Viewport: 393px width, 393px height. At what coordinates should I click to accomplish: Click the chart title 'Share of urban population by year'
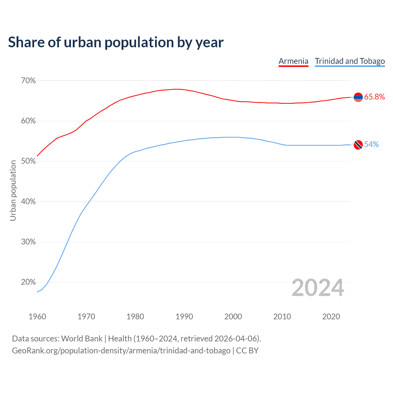pos(116,42)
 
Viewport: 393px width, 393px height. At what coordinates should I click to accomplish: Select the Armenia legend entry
pos(293,61)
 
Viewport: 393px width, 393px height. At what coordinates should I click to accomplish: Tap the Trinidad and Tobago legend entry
pos(350,61)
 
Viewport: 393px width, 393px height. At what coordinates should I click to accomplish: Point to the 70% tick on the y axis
pos(29,81)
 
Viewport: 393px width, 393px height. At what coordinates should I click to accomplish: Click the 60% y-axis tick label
pos(29,121)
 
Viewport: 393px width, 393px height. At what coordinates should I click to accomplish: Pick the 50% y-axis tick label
pos(29,161)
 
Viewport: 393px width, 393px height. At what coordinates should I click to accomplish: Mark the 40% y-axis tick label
pos(29,202)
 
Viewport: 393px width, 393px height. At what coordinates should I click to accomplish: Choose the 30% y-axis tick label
pos(29,242)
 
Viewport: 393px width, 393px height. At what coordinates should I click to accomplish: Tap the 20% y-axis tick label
pos(29,282)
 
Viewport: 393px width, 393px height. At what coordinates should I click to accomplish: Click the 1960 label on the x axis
pos(37,317)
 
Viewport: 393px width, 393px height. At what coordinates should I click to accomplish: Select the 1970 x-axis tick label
pos(86,317)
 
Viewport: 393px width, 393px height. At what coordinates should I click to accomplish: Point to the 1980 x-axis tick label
pos(135,317)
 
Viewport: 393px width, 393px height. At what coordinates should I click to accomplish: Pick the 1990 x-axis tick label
pos(184,317)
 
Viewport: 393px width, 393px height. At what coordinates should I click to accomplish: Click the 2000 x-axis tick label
pos(233,317)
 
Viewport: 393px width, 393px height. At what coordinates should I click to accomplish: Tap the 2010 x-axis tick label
pos(282,317)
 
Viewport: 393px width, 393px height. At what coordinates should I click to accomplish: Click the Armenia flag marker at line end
pos(358,97)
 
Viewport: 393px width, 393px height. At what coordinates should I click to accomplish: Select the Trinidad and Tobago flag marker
pos(358,145)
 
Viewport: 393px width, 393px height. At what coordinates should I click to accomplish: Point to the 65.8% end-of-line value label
pos(375,97)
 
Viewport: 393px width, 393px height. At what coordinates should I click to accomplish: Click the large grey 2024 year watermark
pos(318,288)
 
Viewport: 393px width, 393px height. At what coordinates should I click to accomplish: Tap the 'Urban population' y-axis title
pos(13,191)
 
